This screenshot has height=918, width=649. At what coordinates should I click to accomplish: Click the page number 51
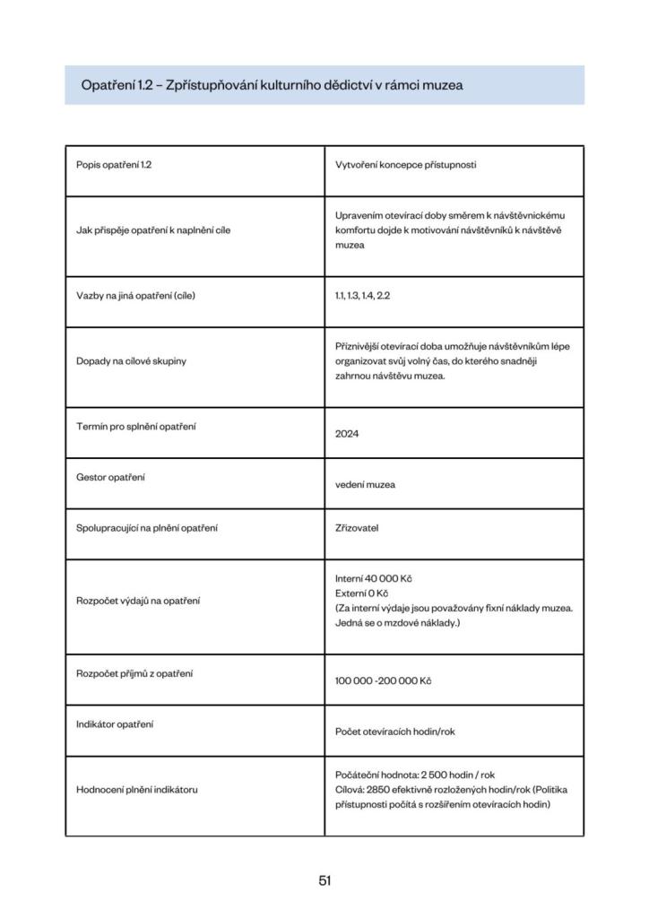pyautogui.click(x=324, y=880)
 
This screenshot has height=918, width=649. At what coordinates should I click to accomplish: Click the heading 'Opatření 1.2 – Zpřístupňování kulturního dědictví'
pyautogui.click(x=272, y=85)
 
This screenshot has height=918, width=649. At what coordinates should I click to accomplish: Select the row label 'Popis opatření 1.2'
pyautogui.click(x=114, y=166)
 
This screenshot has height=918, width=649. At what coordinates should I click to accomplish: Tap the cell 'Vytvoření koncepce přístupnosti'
pyautogui.click(x=406, y=166)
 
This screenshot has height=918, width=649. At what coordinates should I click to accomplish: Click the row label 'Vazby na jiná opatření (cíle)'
pyautogui.click(x=135, y=295)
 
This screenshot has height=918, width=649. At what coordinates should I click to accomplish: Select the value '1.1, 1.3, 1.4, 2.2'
pyautogui.click(x=363, y=295)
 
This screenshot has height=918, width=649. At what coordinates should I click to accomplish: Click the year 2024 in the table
pyautogui.click(x=347, y=434)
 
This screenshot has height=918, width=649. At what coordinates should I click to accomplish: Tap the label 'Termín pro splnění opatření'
pyautogui.click(x=136, y=426)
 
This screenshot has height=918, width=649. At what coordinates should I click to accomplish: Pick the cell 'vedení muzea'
pyautogui.click(x=365, y=485)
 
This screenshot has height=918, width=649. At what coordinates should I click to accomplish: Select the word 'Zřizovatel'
pyautogui.click(x=357, y=528)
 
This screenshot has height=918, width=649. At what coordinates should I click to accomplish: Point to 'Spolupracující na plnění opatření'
pyautogui.click(x=147, y=528)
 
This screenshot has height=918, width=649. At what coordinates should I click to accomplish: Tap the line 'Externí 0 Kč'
pyautogui.click(x=361, y=593)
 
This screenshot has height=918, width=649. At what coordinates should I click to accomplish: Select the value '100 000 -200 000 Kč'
pyautogui.click(x=383, y=681)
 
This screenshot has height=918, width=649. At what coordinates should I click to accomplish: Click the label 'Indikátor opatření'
pyautogui.click(x=115, y=723)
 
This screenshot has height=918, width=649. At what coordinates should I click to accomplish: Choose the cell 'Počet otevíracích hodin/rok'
pyautogui.click(x=395, y=732)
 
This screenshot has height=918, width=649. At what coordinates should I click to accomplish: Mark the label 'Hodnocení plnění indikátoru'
pyautogui.click(x=137, y=789)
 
